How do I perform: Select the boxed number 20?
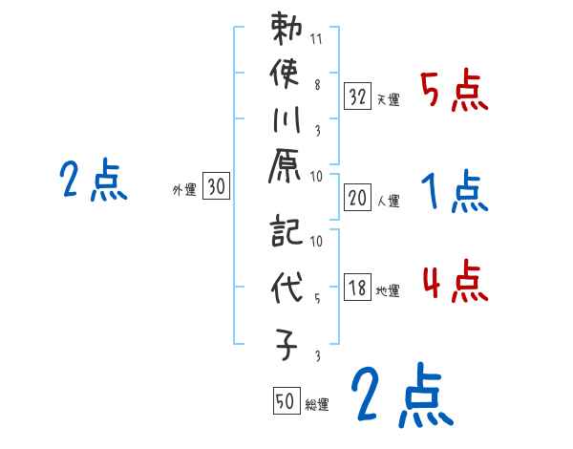pos(357,199)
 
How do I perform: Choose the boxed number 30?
pos(216,188)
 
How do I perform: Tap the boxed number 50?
pos(286,401)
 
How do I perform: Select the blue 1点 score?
pos(455,194)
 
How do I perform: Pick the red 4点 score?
pos(455,284)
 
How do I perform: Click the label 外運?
pos(184,190)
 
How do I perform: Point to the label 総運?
pos(318,404)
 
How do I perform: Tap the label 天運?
pos(389,99)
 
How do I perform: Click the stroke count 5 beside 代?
pos(316,296)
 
